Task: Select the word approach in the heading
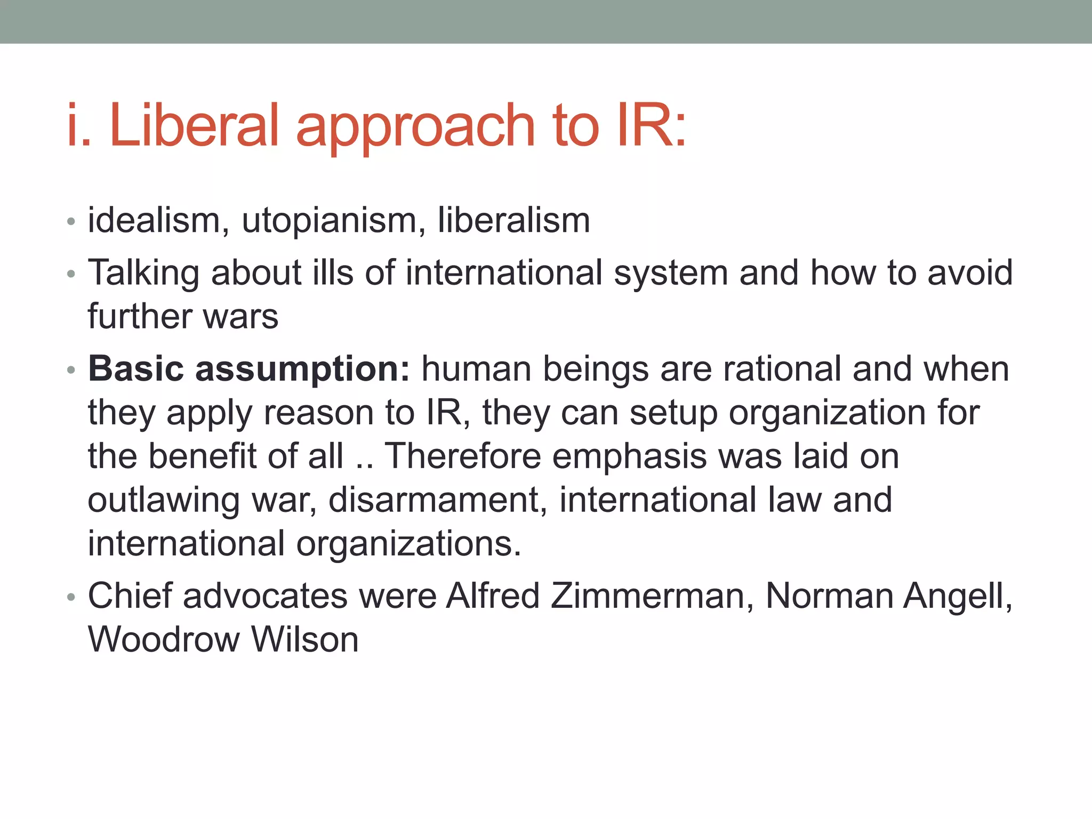pyautogui.click(x=415, y=128)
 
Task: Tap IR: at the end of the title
pyautogui.click(x=651, y=125)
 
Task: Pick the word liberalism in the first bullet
pyautogui.click(x=513, y=220)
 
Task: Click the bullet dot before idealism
pyautogui.click(x=71, y=222)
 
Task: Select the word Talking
pyautogui.click(x=143, y=274)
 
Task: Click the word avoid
pyautogui.click(x=970, y=272)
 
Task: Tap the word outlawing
pyautogui.click(x=164, y=501)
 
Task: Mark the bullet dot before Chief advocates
pyautogui.click(x=71, y=597)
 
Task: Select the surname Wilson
pyautogui.click(x=304, y=639)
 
